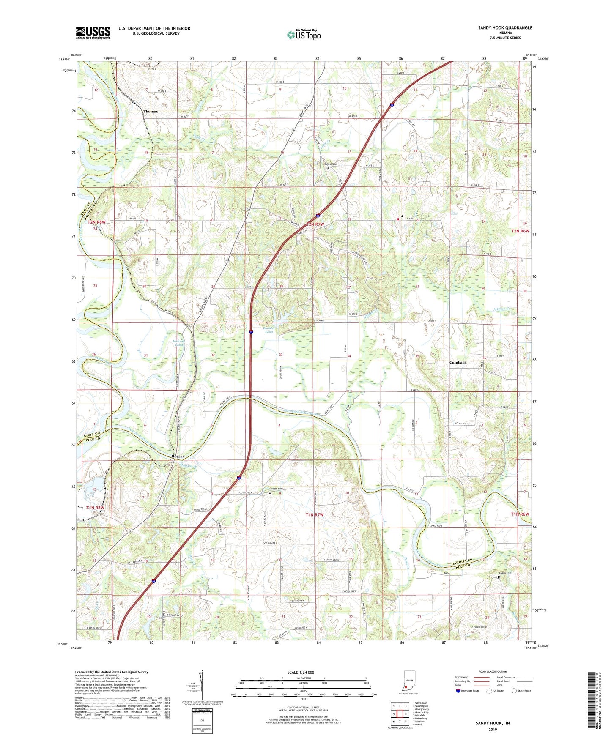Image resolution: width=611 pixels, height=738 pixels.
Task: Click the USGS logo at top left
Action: click(93, 33)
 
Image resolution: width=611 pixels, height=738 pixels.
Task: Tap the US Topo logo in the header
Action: click(304, 34)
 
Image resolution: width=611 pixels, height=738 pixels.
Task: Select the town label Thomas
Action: click(151, 112)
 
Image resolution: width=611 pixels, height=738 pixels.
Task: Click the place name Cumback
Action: click(458, 362)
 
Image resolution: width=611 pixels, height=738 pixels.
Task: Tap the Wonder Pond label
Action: click(269, 330)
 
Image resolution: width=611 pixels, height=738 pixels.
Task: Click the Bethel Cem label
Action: click(331, 164)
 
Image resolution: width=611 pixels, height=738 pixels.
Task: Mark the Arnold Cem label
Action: click(274, 489)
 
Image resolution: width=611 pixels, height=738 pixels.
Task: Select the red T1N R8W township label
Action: click(95, 508)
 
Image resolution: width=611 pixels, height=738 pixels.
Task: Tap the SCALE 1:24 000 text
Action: click(300, 672)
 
